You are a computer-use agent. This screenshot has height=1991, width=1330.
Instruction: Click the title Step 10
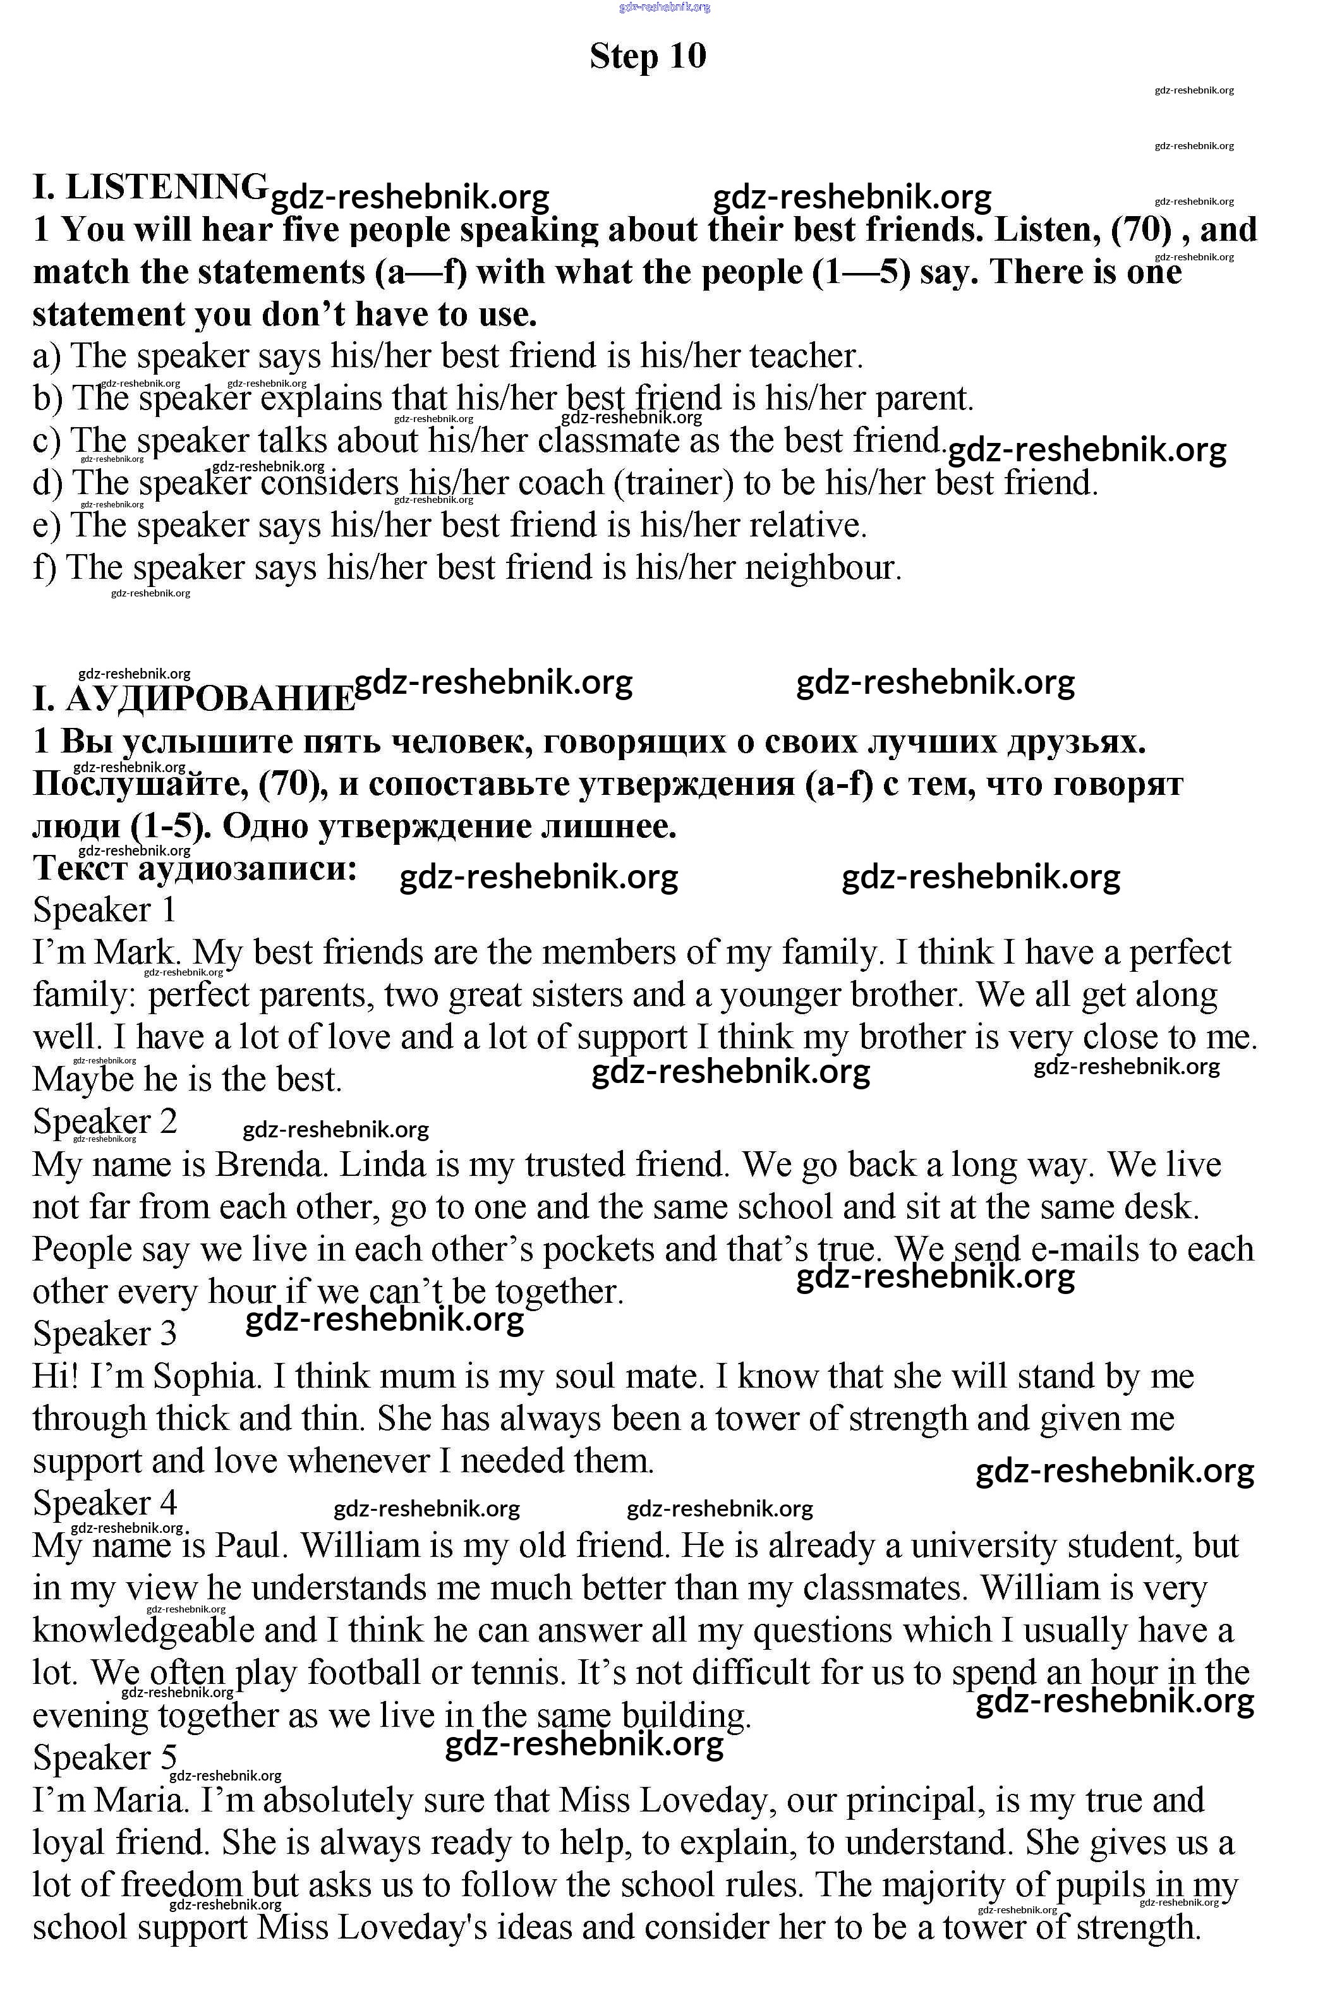648,56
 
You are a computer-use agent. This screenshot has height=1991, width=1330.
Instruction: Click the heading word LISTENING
166,186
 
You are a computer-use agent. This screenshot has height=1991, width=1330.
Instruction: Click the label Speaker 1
104,911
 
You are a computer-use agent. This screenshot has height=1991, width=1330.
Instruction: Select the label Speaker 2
104,1122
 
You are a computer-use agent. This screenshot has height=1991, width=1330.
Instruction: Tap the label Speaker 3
104,1334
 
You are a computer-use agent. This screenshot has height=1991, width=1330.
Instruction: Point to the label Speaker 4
104,1503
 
